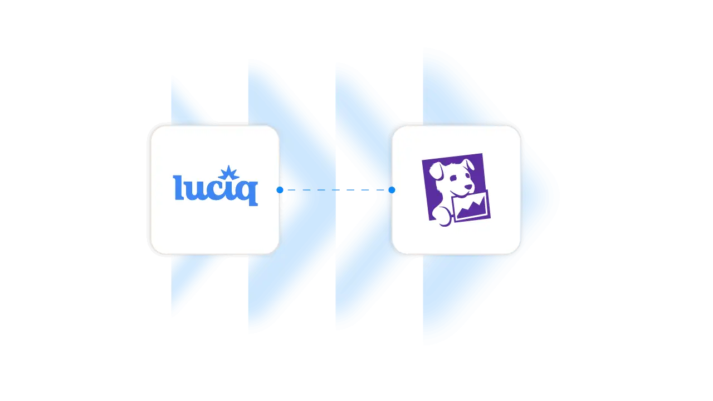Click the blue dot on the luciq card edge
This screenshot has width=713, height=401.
[x=280, y=190]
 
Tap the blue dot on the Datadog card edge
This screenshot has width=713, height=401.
[x=392, y=190]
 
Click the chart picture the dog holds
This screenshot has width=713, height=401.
[x=471, y=206]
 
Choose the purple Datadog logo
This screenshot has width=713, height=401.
[x=456, y=190]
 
